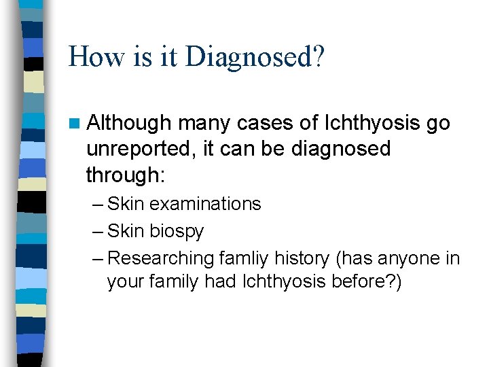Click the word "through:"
point(125,175)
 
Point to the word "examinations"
point(205,204)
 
